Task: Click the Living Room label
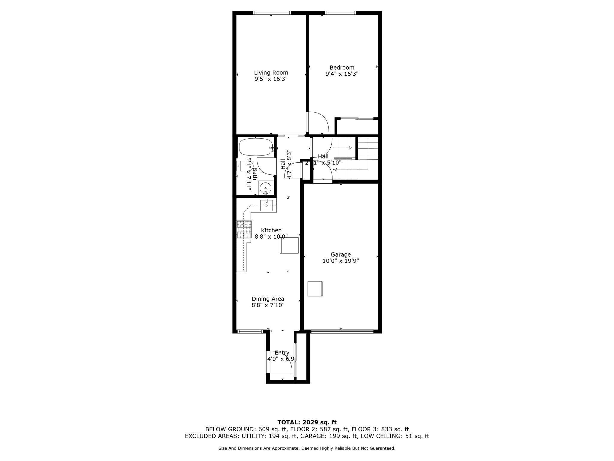(271, 73)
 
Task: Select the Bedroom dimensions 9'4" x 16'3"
(342, 74)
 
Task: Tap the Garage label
(341, 255)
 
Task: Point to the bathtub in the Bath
(256, 147)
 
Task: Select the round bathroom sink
(265, 189)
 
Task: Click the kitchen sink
(267, 205)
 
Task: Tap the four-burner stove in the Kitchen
(244, 230)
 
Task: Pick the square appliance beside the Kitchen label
(289, 245)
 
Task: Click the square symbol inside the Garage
(315, 289)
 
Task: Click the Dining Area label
(268, 299)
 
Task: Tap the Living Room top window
(272, 13)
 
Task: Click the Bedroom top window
(340, 13)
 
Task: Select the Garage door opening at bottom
(342, 331)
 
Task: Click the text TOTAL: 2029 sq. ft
(307, 423)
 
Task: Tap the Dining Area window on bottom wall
(250, 331)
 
